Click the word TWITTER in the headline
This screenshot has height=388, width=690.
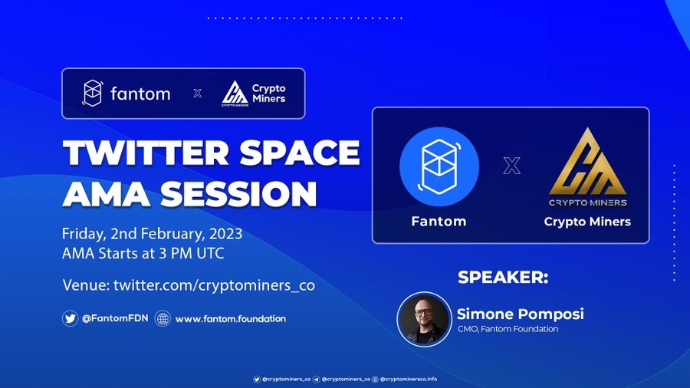coord(146,153)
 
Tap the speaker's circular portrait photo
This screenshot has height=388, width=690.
coord(424,320)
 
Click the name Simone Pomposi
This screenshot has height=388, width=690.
coord(520,314)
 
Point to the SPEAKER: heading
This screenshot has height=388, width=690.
coord(503,277)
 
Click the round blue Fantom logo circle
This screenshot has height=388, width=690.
coord(439,166)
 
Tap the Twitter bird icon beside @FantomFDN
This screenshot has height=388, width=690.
coord(70,318)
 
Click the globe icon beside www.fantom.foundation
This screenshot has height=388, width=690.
coord(163,318)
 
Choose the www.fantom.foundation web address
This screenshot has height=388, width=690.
coord(231,318)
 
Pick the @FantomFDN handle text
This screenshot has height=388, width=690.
coord(115,318)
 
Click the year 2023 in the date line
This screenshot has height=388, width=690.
coord(225,234)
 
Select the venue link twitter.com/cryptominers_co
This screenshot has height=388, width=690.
coord(215,285)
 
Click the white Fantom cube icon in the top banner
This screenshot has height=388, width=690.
coord(93,94)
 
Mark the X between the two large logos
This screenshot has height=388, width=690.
coord(512,166)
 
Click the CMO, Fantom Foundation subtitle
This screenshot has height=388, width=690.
coord(508,329)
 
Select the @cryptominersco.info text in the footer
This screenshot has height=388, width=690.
coord(409,379)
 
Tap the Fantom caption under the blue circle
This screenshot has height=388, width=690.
coord(439,222)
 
